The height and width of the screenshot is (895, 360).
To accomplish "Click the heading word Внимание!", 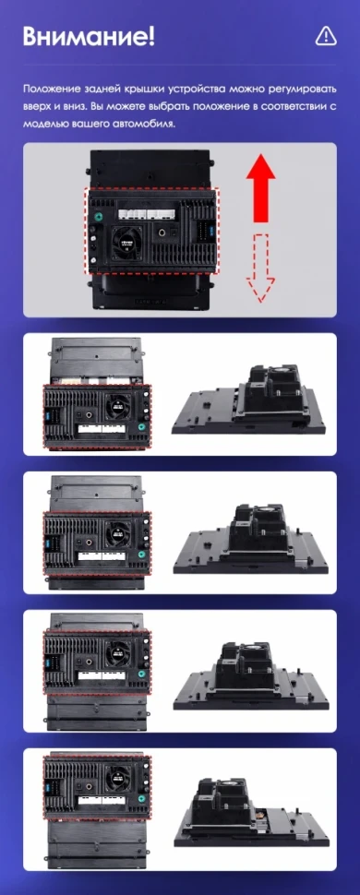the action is (x=89, y=37).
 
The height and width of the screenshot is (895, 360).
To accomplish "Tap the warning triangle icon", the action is (x=326, y=36).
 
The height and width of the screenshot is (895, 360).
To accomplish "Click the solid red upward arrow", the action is (x=260, y=188).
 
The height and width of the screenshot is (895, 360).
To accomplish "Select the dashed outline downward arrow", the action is (x=260, y=268).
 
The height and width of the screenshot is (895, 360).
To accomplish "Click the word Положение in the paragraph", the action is (x=52, y=89).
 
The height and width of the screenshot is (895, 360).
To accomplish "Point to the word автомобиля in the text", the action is (x=145, y=124).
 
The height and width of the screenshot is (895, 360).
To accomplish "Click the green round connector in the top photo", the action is (x=97, y=217).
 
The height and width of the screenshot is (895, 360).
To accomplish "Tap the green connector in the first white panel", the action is (x=141, y=427).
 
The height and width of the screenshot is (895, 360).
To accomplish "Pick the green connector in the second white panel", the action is (x=141, y=555).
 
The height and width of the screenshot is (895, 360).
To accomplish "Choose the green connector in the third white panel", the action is (x=141, y=674).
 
